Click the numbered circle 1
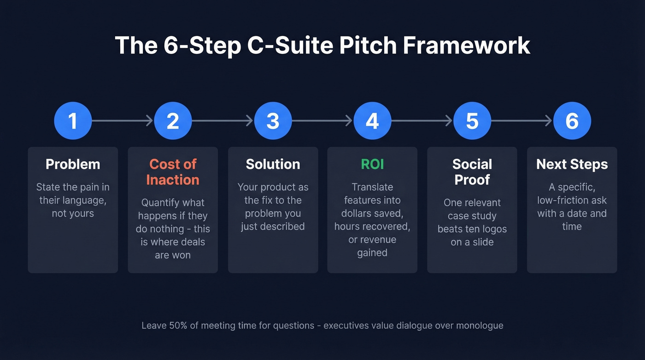73,121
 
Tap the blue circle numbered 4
372,121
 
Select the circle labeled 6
572,121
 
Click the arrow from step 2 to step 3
223,121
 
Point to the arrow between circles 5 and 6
522,121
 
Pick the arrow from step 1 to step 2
123,121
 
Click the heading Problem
73,164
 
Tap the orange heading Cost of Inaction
173,172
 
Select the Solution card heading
273,164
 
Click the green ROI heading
372,164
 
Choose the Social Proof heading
472,172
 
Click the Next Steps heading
572,164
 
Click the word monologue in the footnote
480,325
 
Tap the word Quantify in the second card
159,203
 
